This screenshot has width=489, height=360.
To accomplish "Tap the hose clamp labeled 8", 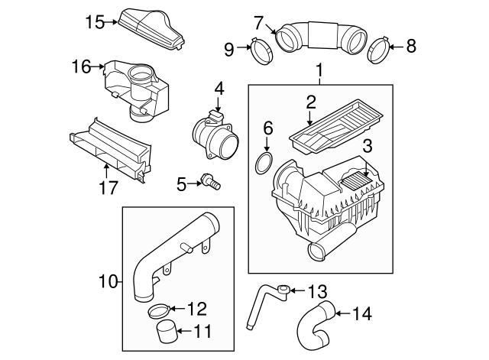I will tap(378, 52).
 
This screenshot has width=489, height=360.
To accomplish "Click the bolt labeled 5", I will tap(208, 182).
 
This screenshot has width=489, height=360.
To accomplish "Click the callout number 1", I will tap(319, 73).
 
